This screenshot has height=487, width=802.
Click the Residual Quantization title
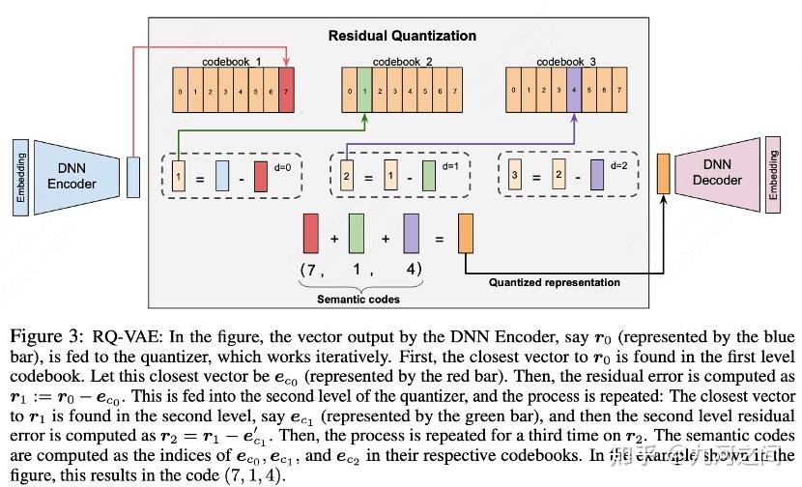pyautogui.click(x=402, y=36)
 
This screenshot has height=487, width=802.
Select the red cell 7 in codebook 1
pyautogui.click(x=286, y=93)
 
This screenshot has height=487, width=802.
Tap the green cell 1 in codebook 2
pyautogui.click(x=364, y=93)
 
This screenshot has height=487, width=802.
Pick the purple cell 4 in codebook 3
pyautogui.click(x=573, y=93)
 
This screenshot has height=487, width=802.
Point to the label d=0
pyautogui.click(x=283, y=166)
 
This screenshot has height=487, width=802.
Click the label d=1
pyautogui.click(x=451, y=166)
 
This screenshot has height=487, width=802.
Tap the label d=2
pyautogui.click(x=620, y=166)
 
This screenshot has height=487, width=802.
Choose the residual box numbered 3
pyautogui.click(x=515, y=178)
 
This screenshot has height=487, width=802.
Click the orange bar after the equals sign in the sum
pyautogui.click(x=466, y=232)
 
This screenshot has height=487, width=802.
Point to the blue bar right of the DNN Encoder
pyautogui.click(x=133, y=177)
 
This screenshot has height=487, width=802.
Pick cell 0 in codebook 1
pyautogui.click(x=181, y=93)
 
